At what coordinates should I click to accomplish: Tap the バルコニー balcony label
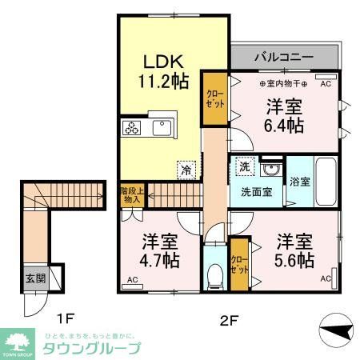pos(283,57)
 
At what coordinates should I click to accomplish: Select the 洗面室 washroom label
pos(257,192)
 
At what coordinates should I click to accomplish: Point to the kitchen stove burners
pos(131,127)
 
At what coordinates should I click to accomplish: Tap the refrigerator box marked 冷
pos(186,170)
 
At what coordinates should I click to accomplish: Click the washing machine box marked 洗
pos(243,167)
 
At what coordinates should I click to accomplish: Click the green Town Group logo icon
pos(17,340)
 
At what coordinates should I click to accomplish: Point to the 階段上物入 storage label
pos(132,195)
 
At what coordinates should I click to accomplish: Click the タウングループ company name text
pos(90,348)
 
